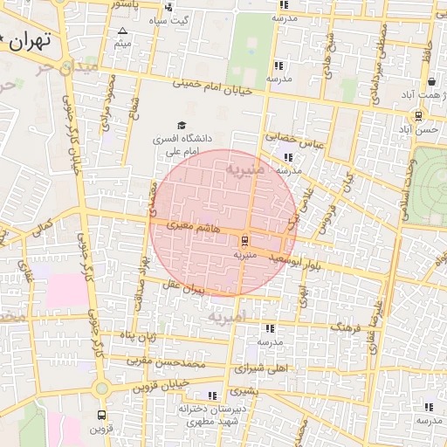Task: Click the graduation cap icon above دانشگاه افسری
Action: pyautogui.click(x=182, y=126)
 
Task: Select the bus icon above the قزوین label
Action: pyautogui.click(x=101, y=416)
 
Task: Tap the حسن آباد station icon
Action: pyautogui.click(x=419, y=115)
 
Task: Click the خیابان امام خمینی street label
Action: pyautogui.click(x=214, y=87)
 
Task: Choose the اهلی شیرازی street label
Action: pyautogui.click(x=262, y=369)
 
